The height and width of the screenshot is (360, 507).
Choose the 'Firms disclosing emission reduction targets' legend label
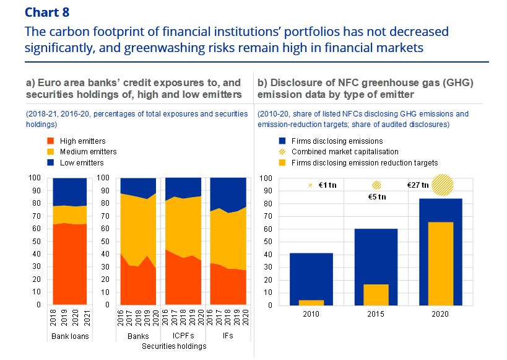[365, 163]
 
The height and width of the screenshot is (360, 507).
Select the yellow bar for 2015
[376, 294]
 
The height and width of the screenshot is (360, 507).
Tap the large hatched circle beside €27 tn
[442, 185]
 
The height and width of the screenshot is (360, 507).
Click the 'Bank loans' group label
[69, 337]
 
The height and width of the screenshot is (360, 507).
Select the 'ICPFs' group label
[181, 337]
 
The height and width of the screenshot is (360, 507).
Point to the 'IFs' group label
[229, 337]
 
